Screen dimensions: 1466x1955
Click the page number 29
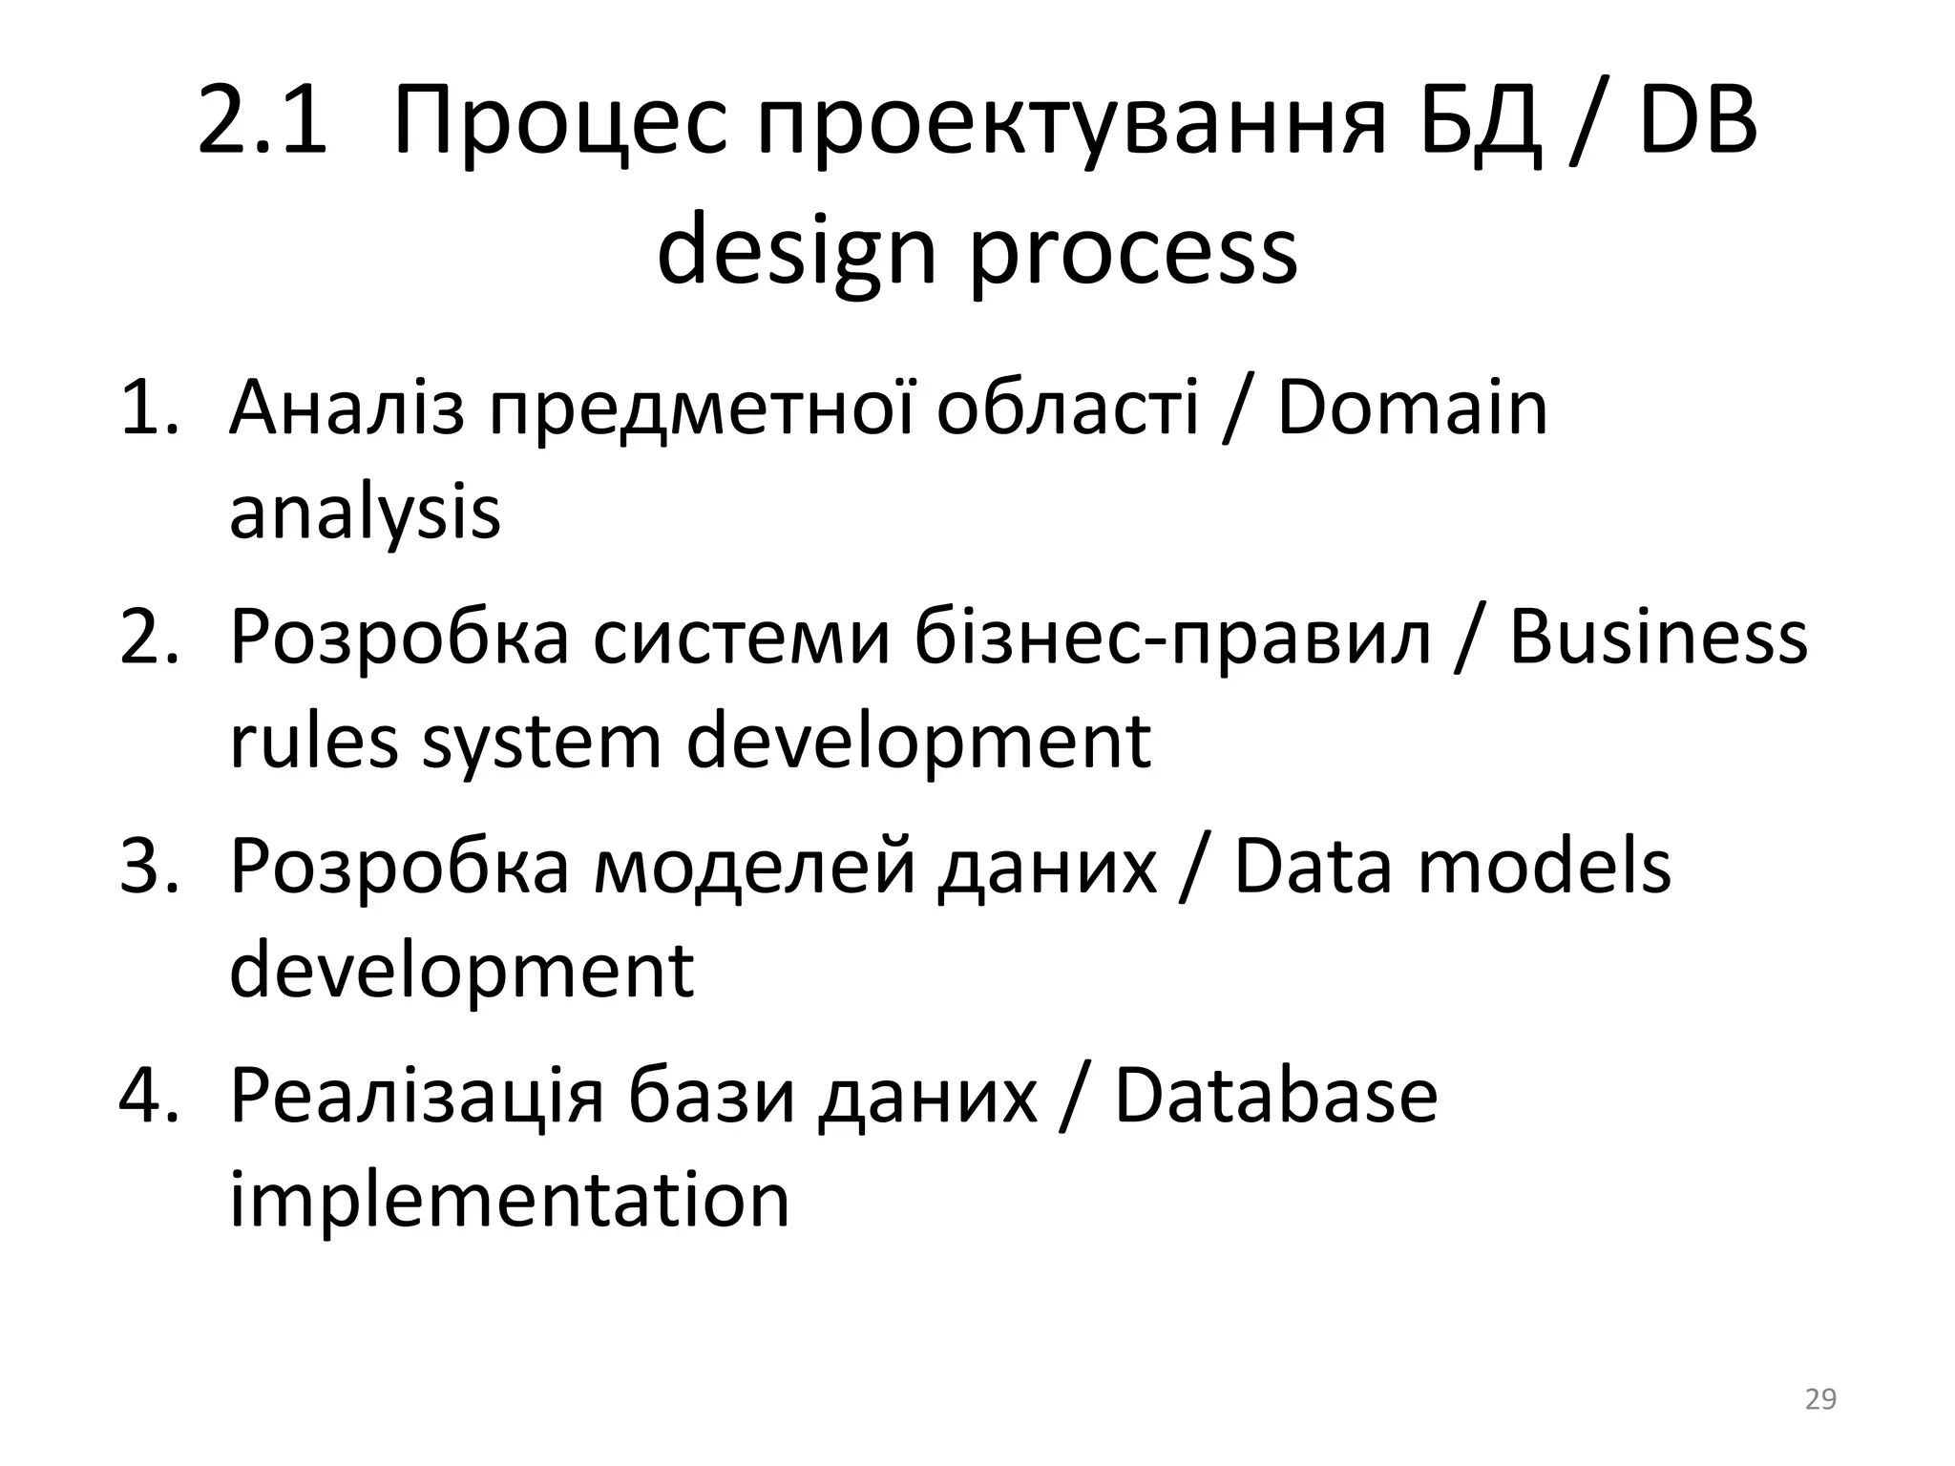pos(1820,1399)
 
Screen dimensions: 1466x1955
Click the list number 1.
pos(148,408)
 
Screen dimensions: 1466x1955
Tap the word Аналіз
pos(347,408)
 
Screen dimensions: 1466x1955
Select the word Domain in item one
pos(1412,408)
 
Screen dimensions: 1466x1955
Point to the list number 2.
pos(148,638)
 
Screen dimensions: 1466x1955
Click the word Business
pos(1658,638)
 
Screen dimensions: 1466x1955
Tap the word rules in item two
pos(313,742)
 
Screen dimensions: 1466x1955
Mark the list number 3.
pos(148,867)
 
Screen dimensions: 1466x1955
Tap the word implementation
pos(509,1201)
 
